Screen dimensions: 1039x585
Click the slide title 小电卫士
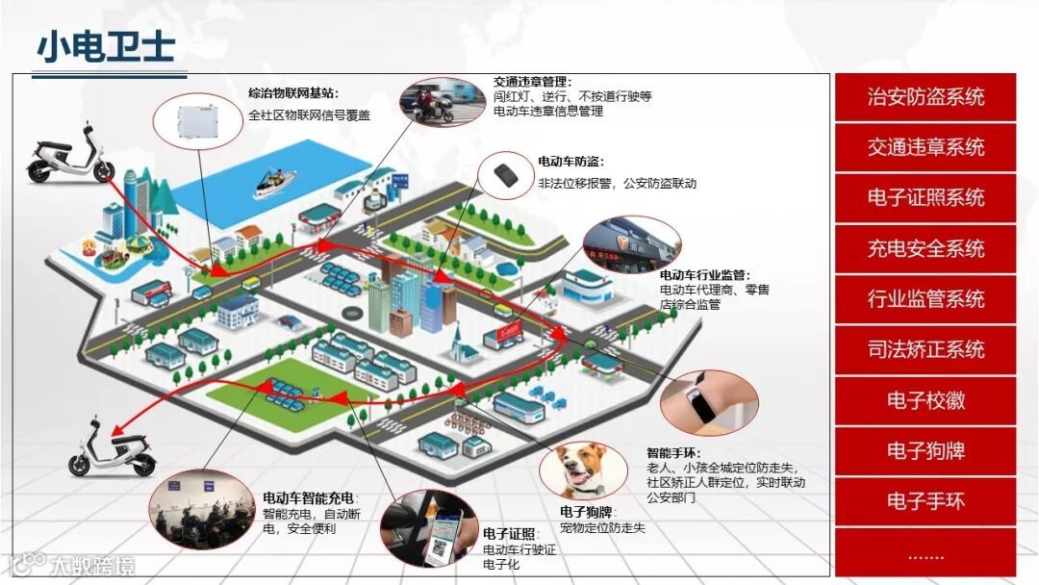point(105,47)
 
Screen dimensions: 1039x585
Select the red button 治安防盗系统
point(925,97)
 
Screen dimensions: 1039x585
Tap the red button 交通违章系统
point(925,148)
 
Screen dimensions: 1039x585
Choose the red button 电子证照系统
point(925,198)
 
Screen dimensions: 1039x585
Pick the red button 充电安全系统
point(925,249)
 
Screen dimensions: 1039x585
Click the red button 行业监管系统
point(925,299)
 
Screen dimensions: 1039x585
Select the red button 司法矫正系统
point(925,350)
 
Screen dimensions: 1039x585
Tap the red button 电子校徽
point(925,400)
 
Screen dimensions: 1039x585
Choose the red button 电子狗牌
point(925,451)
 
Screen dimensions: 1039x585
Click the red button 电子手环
point(925,501)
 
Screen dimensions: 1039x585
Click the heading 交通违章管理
point(532,82)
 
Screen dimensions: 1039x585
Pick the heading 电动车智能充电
point(308,498)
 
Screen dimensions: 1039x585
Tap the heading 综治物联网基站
point(293,93)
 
